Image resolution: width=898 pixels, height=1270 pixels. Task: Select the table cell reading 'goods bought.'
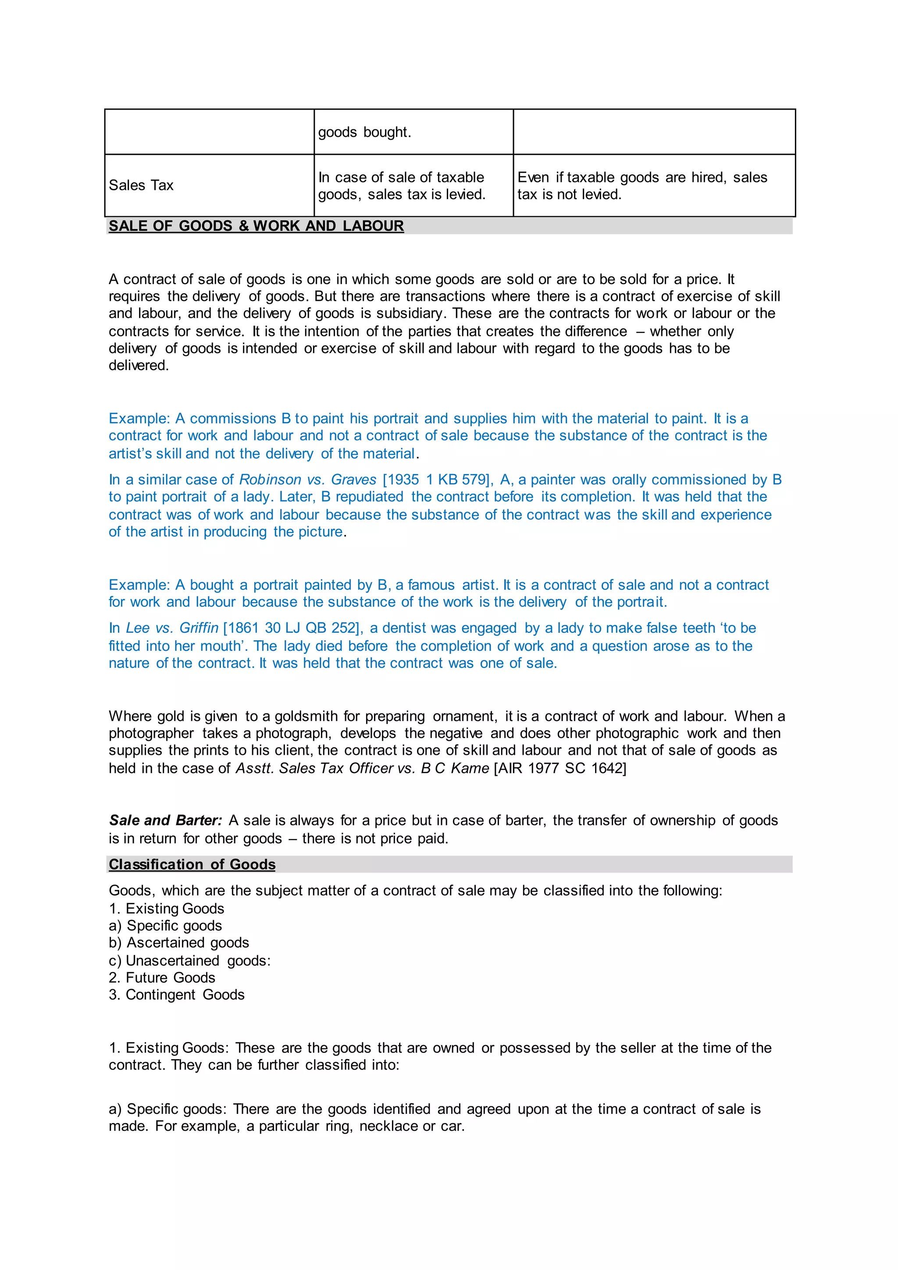click(364, 132)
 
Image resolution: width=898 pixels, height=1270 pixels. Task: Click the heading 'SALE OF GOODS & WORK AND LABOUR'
click(256, 226)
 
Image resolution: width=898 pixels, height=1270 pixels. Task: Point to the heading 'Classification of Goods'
click(192, 864)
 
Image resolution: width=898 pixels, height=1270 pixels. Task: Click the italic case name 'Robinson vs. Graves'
click(307, 480)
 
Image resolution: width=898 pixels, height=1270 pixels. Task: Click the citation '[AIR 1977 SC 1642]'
click(560, 768)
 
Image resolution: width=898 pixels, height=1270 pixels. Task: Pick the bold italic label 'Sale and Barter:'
click(165, 821)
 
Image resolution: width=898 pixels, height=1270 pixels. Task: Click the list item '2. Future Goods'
click(162, 978)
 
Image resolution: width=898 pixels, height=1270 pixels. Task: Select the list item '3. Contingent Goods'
click(176, 995)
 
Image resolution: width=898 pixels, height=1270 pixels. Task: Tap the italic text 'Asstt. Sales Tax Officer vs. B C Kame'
click(362, 768)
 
